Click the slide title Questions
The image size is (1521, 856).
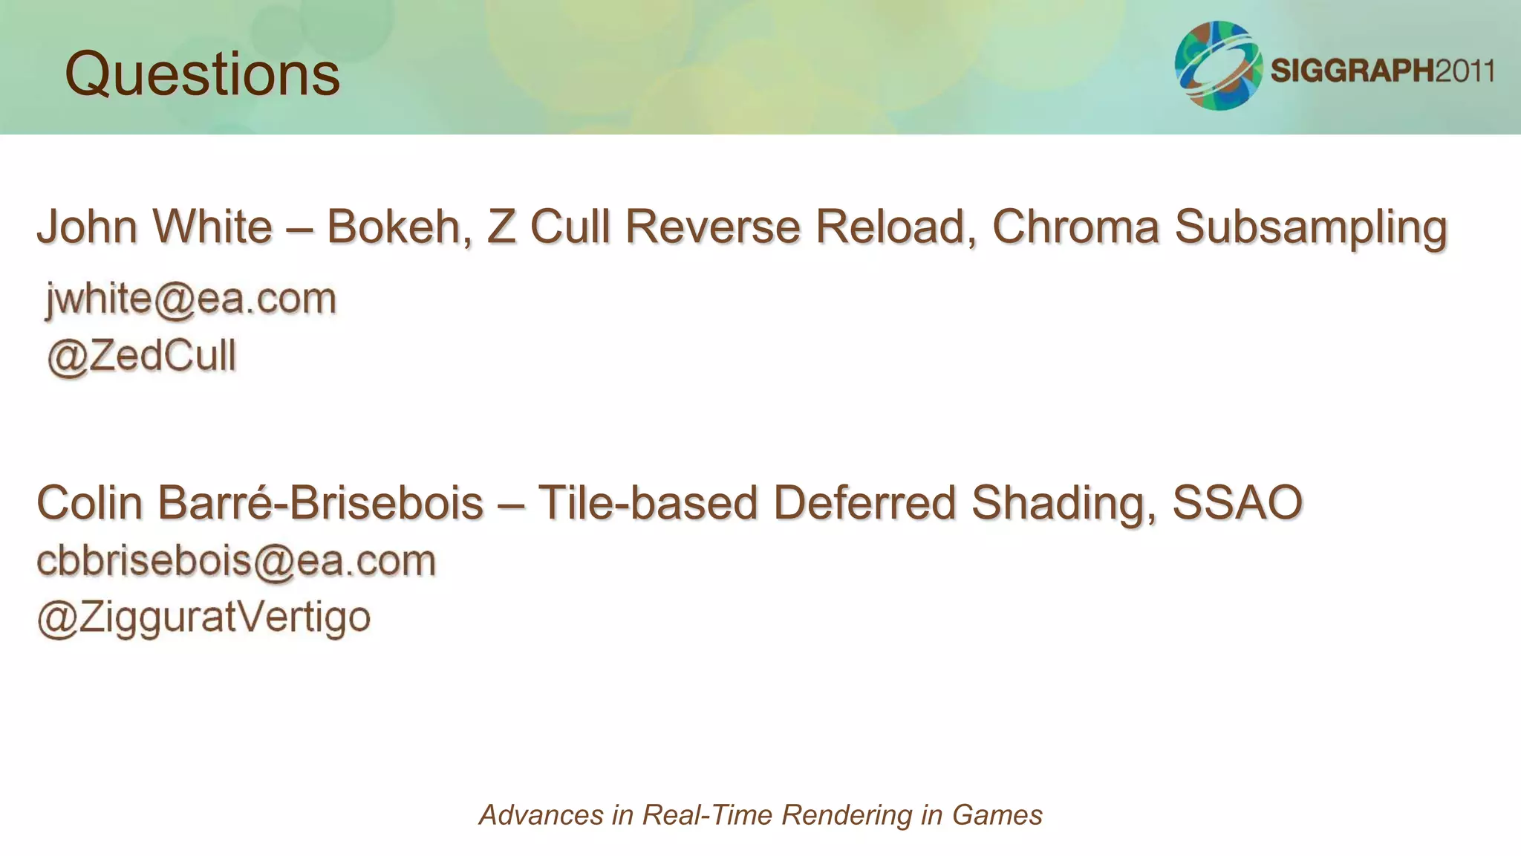click(x=202, y=74)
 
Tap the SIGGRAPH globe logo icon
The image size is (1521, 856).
click(x=1218, y=66)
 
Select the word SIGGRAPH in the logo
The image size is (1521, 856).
click(x=1352, y=71)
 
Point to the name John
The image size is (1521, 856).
click(x=88, y=227)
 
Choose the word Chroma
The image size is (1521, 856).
click(x=1075, y=227)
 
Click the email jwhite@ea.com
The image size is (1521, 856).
click(x=191, y=299)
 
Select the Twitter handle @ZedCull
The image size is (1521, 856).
click(x=142, y=356)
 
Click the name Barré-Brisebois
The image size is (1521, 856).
click(x=321, y=503)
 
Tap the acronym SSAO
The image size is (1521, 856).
click(x=1237, y=503)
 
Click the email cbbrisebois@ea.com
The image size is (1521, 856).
click(x=236, y=561)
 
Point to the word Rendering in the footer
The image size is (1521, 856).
click(x=847, y=815)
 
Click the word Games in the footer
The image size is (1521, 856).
click(x=997, y=815)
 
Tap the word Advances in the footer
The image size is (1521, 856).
click(x=541, y=815)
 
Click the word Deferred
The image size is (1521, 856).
click(x=864, y=503)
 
